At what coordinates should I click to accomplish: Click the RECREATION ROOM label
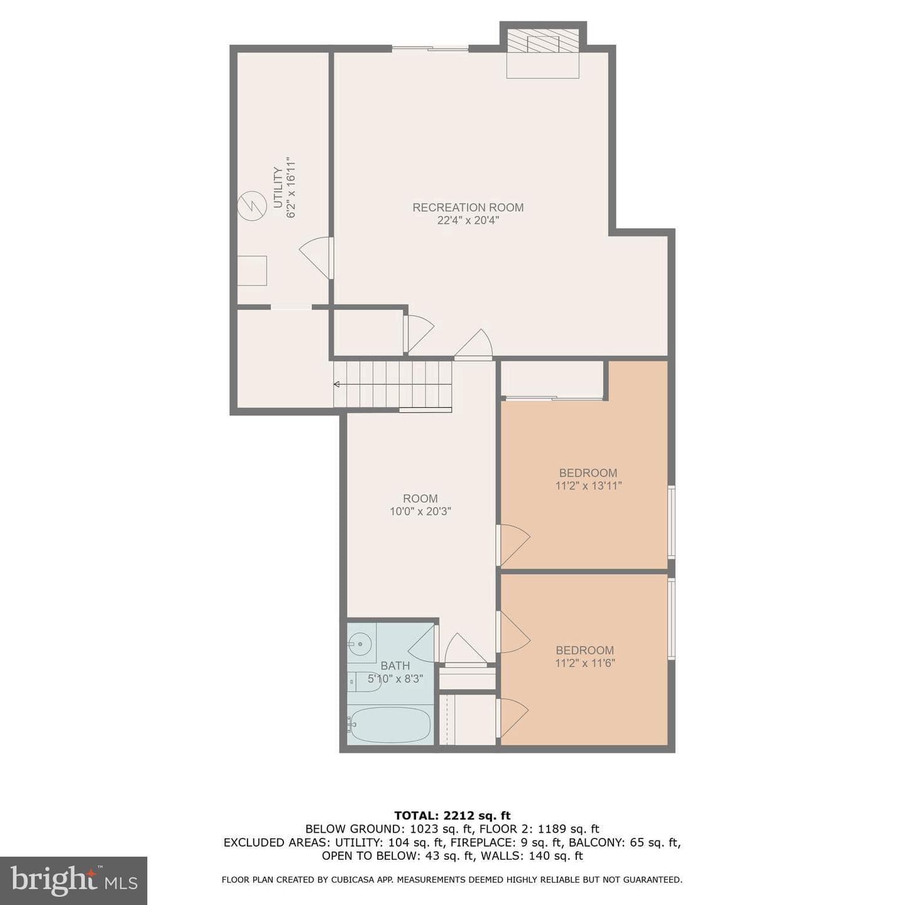(x=468, y=207)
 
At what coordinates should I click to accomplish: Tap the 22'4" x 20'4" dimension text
(x=468, y=220)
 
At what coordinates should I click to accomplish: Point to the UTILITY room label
(x=278, y=187)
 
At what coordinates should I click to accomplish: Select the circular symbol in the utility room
(x=252, y=206)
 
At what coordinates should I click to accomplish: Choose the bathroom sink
(x=361, y=642)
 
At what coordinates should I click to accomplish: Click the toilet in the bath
(x=365, y=681)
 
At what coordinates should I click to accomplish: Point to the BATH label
(x=395, y=666)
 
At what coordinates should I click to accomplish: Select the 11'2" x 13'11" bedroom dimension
(x=588, y=486)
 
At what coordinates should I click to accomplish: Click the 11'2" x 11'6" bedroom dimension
(x=584, y=663)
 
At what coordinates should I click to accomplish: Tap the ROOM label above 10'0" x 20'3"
(x=420, y=498)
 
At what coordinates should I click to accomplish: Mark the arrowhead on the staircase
(x=336, y=384)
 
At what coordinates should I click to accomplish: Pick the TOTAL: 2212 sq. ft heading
(x=452, y=815)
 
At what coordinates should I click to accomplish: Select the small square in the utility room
(x=252, y=270)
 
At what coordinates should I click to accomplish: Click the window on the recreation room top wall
(x=431, y=48)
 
